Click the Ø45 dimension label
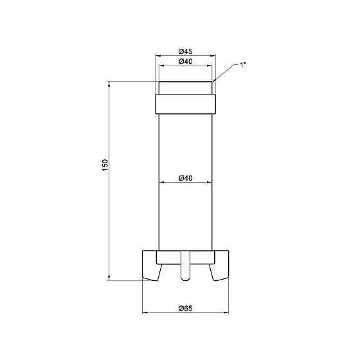[x=186, y=51]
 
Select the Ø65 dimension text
[x=186, y=309]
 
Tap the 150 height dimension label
[x=105, y=165]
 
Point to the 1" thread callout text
[x=243, y=65]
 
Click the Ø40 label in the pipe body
[x=186, y=178]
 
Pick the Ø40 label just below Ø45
[x=186, y=62]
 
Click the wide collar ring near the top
[x=186, y=104]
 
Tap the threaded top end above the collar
[x=186, y=87]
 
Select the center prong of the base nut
[x=186, y=265]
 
